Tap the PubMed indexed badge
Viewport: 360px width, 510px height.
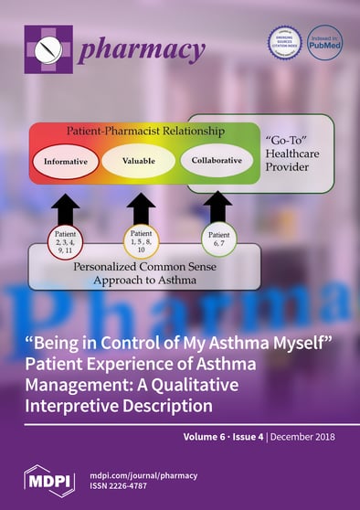coord(324,43)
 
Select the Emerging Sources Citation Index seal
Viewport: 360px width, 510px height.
coord(284,42)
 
